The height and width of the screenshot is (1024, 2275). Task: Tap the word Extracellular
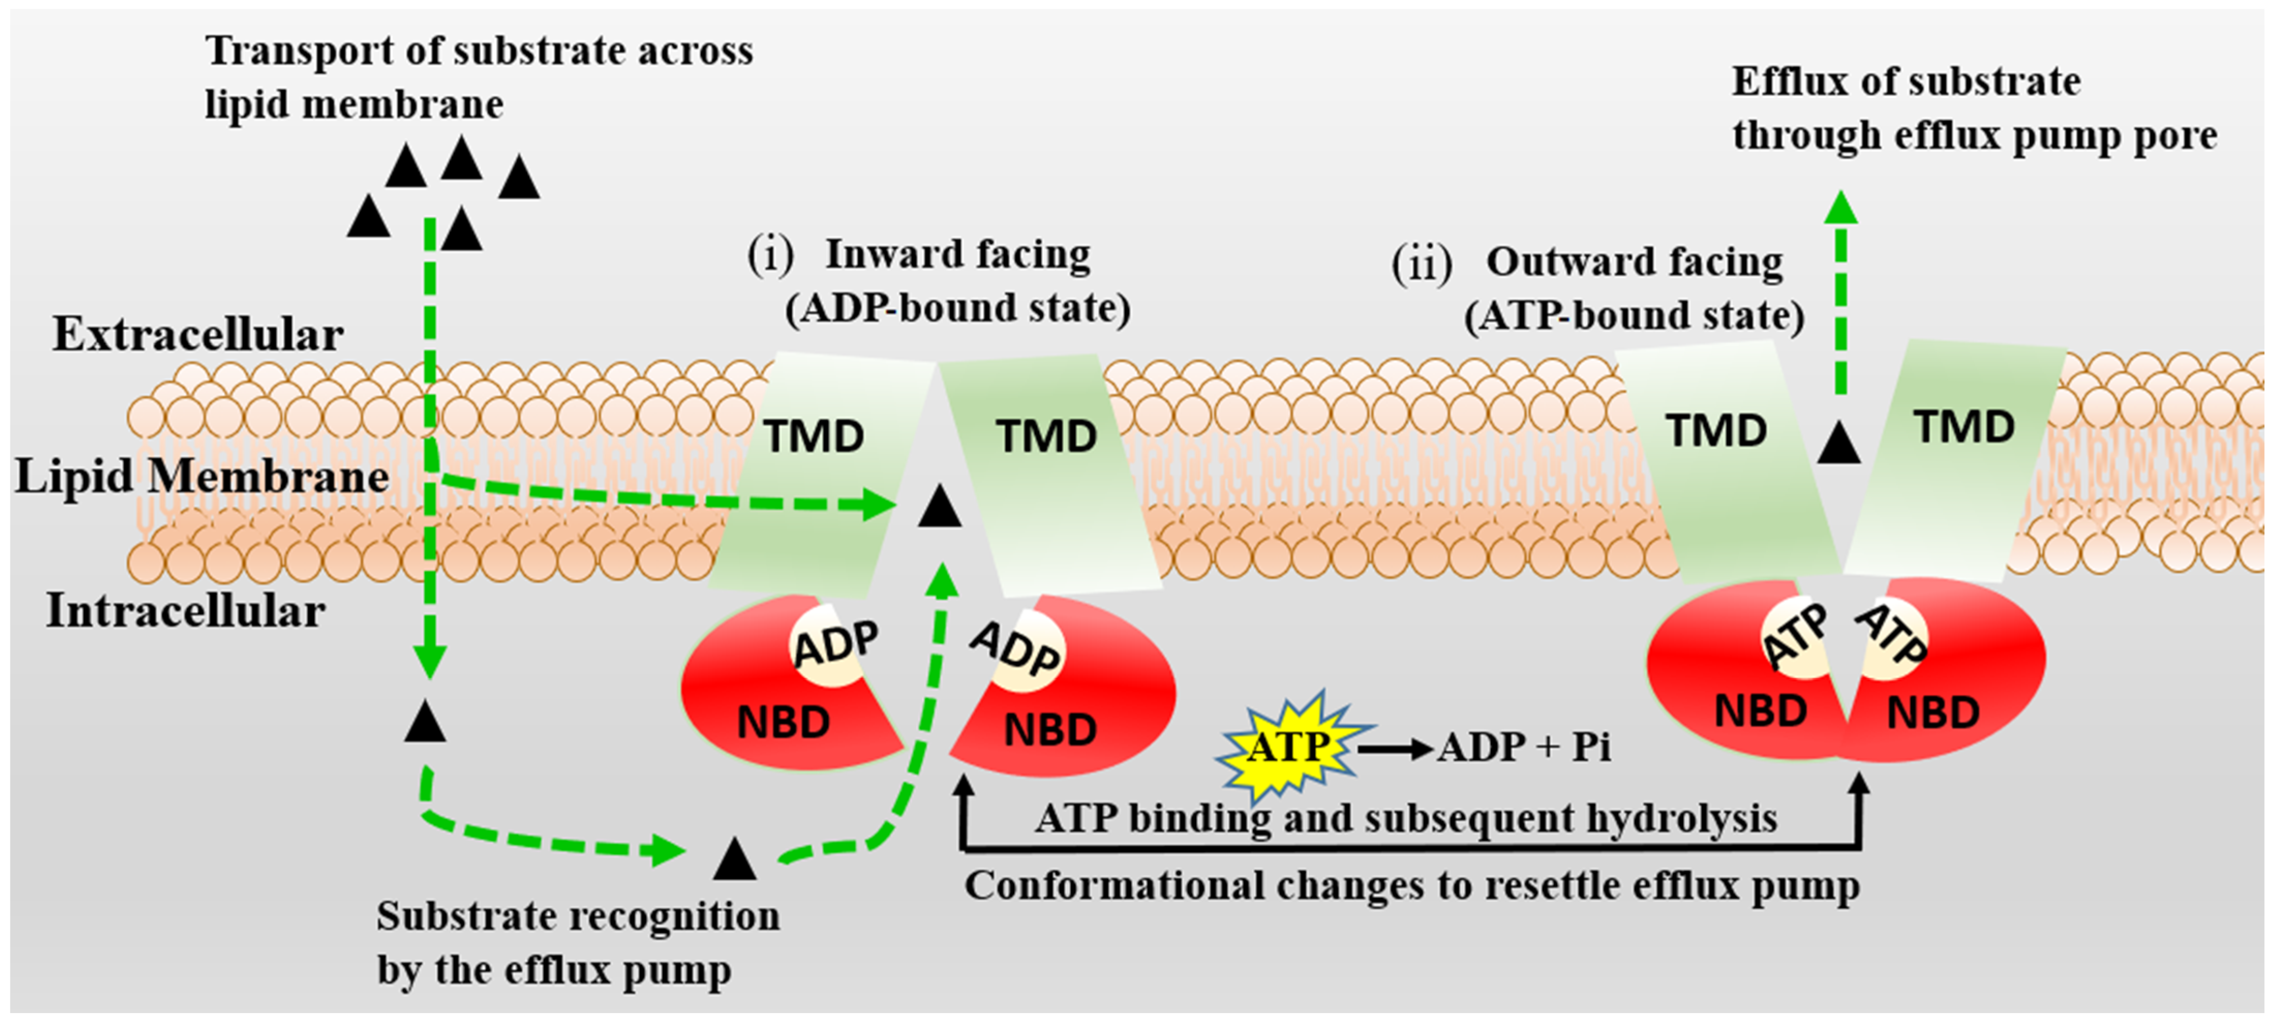(198, 335)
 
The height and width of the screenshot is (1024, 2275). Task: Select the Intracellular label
(186, 610)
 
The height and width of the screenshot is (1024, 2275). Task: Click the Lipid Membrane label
(202, 477)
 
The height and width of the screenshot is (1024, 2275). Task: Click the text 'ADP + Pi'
(1523, 747)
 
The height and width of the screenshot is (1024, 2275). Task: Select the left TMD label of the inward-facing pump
(813, 436)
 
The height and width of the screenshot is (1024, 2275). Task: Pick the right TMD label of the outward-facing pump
(1964, 428)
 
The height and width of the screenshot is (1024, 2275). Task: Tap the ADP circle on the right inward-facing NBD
(1017, 650)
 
